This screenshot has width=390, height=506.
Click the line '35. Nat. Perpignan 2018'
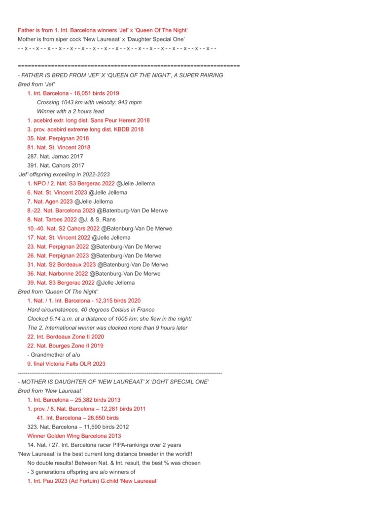58,138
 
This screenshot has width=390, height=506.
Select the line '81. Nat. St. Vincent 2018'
59,147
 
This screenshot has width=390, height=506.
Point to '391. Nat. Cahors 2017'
56,166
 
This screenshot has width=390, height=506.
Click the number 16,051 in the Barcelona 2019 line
81,93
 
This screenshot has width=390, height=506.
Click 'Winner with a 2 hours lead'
71,111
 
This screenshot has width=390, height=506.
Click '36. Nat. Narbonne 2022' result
58,274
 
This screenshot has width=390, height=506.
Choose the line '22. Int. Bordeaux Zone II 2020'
65,337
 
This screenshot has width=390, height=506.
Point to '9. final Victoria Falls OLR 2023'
66,364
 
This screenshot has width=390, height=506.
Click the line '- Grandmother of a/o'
52,355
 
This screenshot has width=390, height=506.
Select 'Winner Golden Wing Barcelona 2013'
74,436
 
